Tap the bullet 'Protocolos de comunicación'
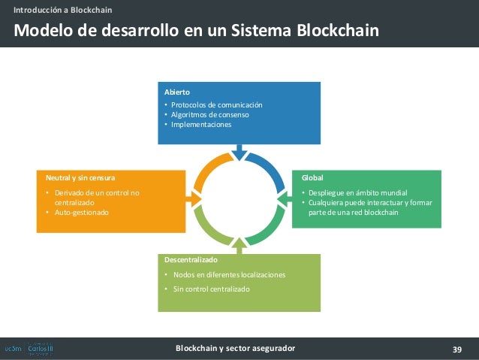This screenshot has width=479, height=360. pyautogui.click(x=216, y=105)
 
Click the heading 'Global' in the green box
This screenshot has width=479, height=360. pyautogui.click(x=312, y=178)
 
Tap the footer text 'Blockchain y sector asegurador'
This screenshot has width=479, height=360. pyautogui.click(x=235, y=349)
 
